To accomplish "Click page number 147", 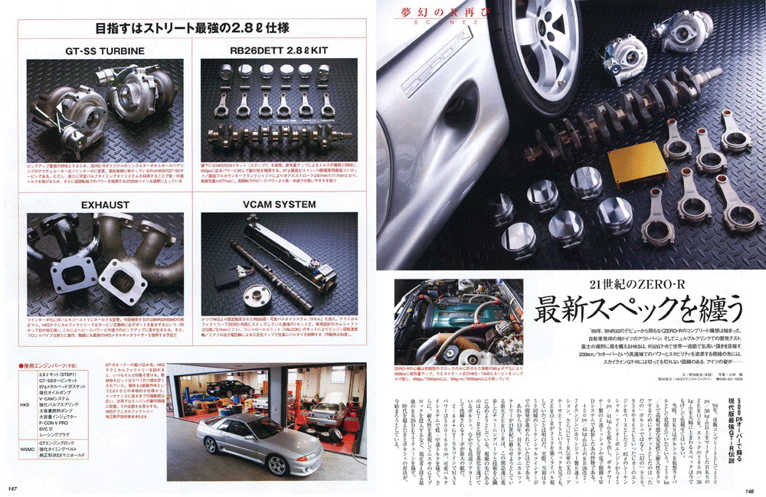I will [13, 489].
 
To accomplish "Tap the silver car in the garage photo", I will [257, 444].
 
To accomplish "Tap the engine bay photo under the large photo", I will [437, 322].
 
